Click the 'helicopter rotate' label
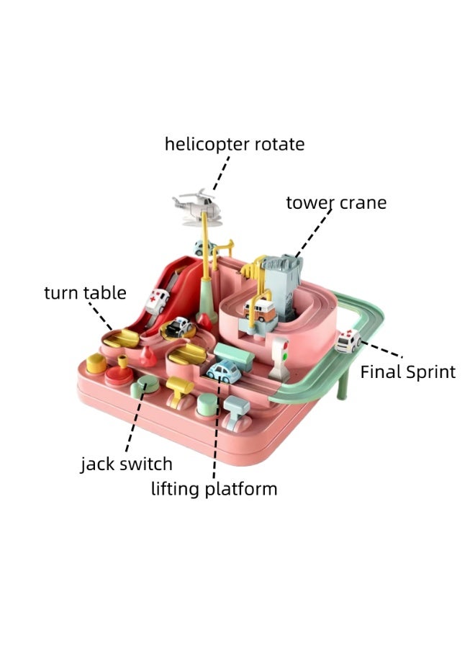[235, 144]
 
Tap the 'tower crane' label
[336, 203]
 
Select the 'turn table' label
[85, 292]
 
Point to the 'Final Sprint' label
[407, 372]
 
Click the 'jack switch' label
[127, 464]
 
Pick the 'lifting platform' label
[214, 489]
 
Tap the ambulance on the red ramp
[157, 301]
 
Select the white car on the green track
[348, 341]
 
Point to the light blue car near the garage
[224, 371]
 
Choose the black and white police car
[178, 326]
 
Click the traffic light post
[281, 359]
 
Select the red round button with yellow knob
[119, 371]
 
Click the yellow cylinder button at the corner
[96, 364]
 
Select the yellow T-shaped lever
[180, 392]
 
